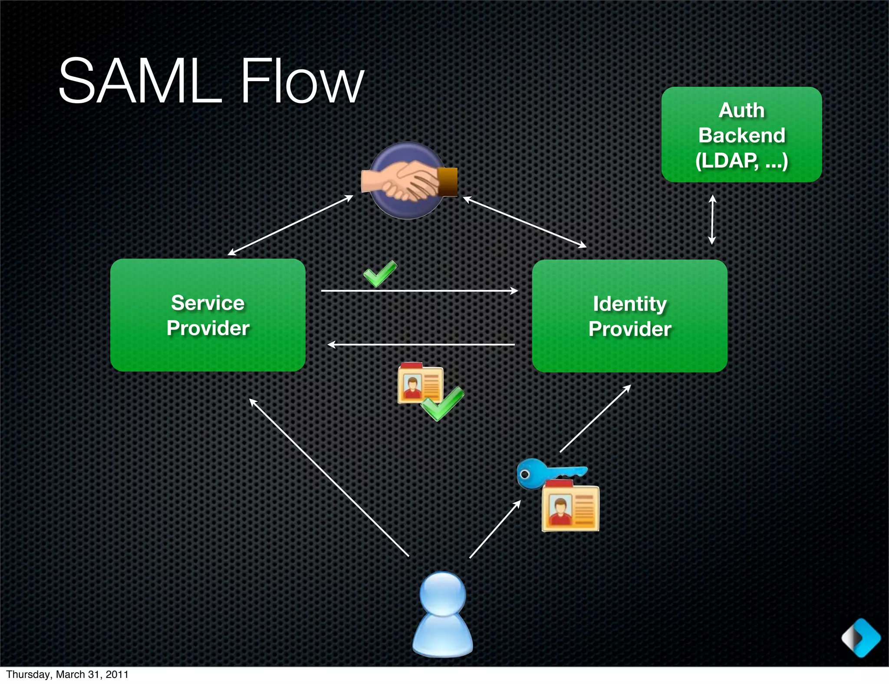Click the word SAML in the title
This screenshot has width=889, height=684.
coord(140,82)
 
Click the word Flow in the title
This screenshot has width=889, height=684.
coord(302,82)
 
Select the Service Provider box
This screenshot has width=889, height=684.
coord(208,315)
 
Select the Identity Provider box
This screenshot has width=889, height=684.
coord(629,316)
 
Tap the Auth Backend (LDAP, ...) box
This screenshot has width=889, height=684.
coord(741,135)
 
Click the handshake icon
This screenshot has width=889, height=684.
coord(408,181)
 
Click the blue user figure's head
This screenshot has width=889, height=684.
coord(443,594)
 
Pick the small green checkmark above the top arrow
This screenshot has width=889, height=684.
coord(380,273)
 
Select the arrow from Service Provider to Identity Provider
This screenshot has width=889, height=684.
coord(419,291)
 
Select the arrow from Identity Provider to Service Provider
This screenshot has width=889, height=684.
coord(421,345)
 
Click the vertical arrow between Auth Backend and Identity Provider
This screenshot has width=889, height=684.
coord(712,220)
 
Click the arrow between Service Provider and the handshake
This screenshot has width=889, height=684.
coord(290,225)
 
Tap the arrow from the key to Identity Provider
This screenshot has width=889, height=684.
coord(595,419)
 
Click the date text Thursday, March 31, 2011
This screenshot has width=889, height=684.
coord(67,674)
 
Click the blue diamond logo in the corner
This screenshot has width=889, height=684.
coord(861,638)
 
